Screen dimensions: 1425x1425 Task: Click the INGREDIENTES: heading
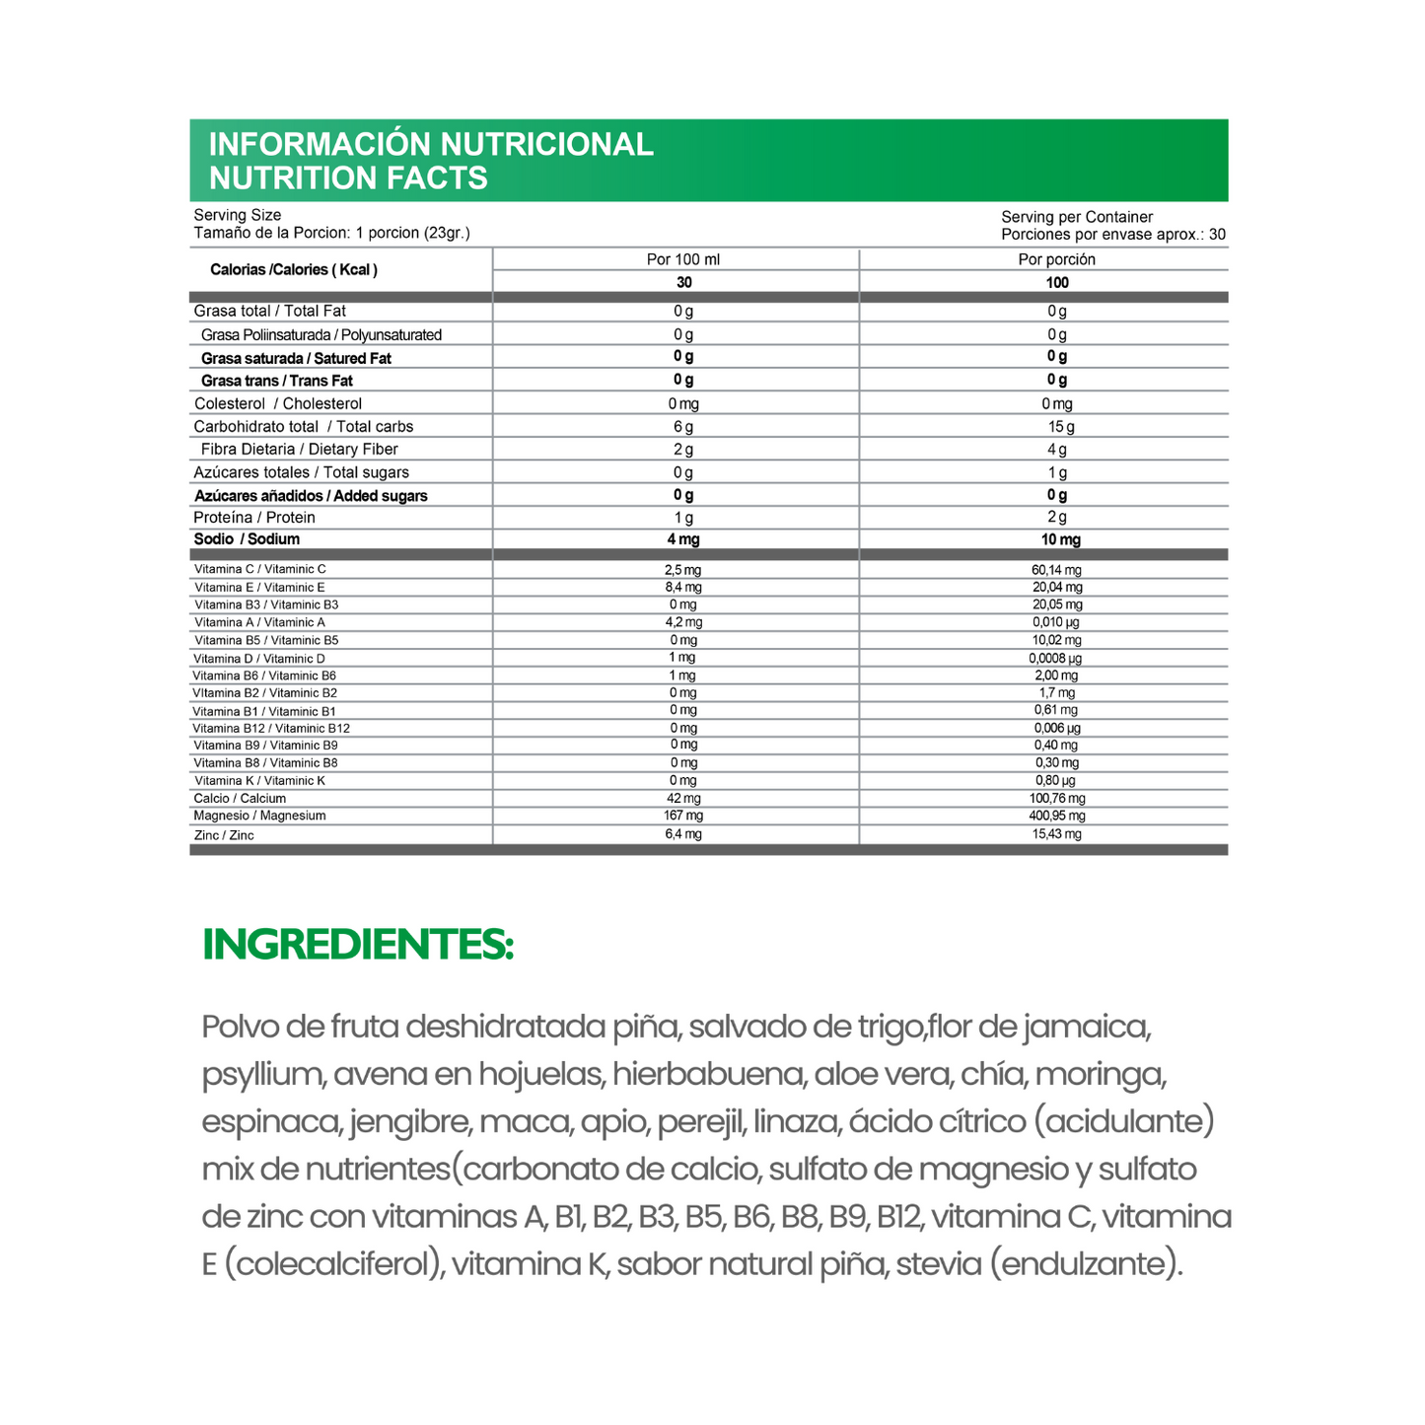(357, 945)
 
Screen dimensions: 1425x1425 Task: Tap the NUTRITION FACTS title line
(348, 178)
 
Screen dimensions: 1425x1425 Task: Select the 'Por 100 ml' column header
(683, 259)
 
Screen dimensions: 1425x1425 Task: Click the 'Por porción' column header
(1056, 259)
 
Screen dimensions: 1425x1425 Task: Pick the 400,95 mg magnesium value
(1057, 816)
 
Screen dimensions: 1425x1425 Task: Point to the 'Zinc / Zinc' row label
(224, 835)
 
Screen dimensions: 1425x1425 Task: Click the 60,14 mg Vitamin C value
(1057, 570)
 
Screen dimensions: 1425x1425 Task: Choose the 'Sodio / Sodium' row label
(247, 539)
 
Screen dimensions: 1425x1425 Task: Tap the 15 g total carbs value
(1060, 427)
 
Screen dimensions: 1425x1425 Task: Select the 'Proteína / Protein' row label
(254, 518)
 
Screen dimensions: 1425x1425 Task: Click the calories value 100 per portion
(1057, 283)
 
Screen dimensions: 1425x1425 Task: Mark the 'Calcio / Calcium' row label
(240, 798)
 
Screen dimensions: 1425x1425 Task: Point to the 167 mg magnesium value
(683, 816)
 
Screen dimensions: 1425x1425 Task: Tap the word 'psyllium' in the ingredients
(263, 1074)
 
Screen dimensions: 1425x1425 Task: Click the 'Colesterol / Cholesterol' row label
(278, 403)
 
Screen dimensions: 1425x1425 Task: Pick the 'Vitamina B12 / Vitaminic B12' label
(271, 728)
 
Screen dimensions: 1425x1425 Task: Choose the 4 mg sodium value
(683, 539)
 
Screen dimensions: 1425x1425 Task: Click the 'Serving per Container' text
(1077, 217)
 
